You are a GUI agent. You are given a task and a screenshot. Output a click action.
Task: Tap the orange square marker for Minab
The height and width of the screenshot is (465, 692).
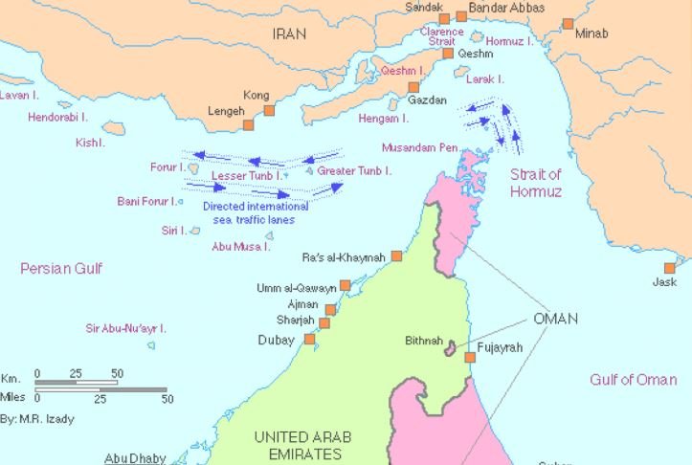point(569,24)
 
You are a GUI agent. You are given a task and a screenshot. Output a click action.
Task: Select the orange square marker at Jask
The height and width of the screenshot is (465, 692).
point(671,269)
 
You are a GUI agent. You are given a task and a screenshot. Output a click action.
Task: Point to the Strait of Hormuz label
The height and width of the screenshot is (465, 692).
point(535,183)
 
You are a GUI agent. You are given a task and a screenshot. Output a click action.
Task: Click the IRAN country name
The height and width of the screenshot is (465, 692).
point(288,33)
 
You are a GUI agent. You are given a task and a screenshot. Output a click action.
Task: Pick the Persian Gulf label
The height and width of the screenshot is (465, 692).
point(61,269)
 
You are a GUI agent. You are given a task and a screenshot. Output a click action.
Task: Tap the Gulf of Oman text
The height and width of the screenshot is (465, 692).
point(633,380)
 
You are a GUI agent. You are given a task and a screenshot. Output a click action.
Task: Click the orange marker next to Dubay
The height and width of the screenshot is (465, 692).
point(309,339)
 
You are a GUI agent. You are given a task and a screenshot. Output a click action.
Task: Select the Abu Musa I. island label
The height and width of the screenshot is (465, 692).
point(241,246)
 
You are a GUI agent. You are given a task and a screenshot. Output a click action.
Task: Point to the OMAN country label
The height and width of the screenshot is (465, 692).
point(555,319)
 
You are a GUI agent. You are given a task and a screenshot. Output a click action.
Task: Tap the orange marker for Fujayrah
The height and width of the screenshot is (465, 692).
point(470,358)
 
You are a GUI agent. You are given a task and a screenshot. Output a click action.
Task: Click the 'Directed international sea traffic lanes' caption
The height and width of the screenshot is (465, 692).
point(256,212)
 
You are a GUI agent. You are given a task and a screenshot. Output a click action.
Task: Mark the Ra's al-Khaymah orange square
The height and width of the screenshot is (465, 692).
point(396,256)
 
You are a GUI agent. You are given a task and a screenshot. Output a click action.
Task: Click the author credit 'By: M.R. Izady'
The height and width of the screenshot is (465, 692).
point(37,419)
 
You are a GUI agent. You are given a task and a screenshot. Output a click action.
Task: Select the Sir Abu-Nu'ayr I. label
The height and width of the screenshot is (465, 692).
point(125,328)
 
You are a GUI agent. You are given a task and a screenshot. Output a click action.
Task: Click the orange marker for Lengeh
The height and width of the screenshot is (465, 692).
point(248,124)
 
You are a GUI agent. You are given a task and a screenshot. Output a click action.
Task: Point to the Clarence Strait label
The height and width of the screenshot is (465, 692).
point(441,36)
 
